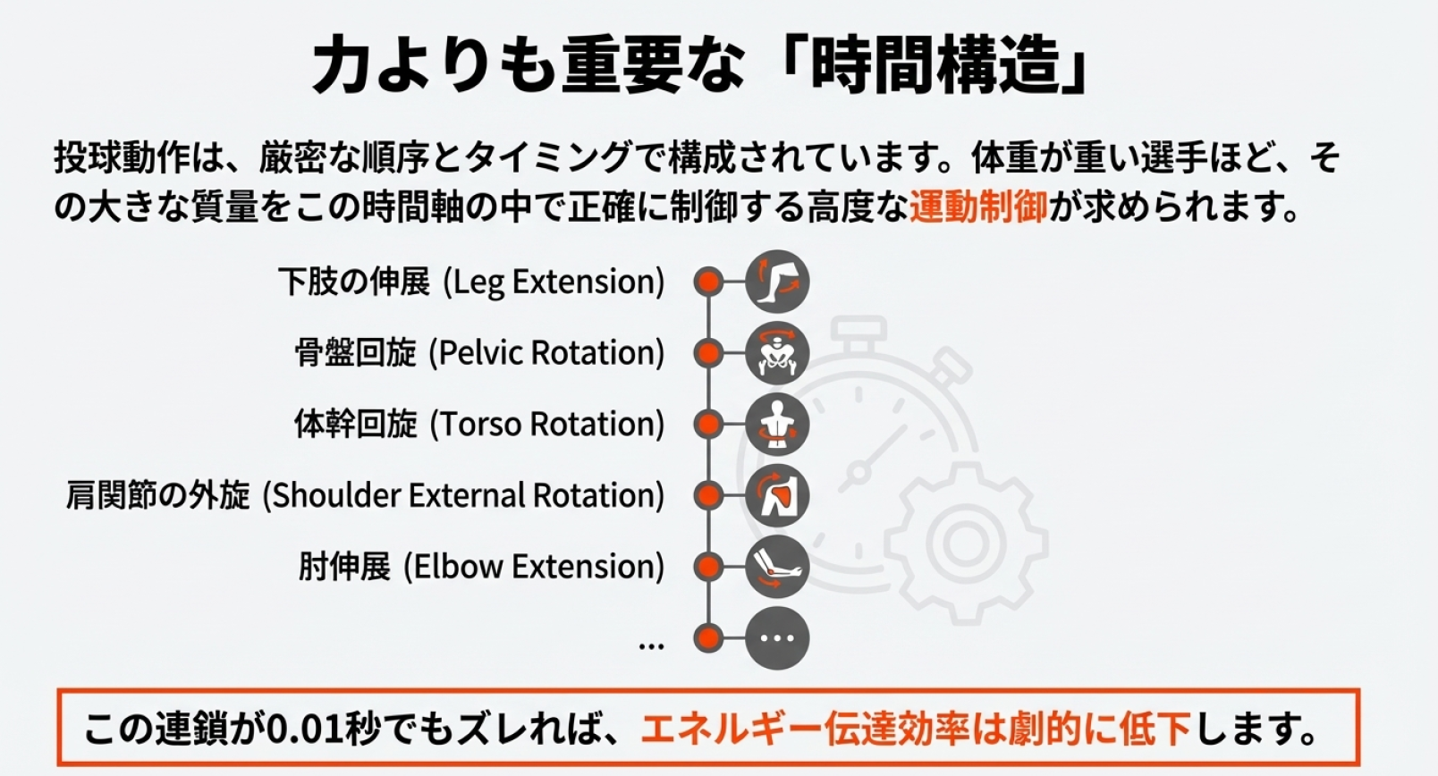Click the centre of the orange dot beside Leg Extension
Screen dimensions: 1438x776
click(709, 282)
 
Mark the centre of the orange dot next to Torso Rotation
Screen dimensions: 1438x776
click(709, 425)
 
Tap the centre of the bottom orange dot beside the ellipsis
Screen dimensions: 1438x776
click(709, 638)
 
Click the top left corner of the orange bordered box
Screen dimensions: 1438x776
click(58, 690)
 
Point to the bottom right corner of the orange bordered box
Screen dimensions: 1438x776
click(1359, 765)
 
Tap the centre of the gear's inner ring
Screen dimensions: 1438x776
click(966, 543)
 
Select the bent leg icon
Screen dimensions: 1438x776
click(777, 282)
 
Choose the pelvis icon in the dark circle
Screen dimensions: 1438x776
click(777, 353)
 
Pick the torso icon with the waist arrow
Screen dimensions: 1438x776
click(777, 425)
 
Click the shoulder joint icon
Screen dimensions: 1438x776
click(777, 495)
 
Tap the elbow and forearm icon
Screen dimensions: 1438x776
click(777, 567)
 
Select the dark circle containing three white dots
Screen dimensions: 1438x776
click(777, 638)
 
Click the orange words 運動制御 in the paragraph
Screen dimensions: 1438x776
click(978, 207)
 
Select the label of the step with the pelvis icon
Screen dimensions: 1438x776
click(479, 353)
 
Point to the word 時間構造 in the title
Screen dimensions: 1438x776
click(935, 65)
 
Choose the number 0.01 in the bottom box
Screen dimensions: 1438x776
click(304, 730)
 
